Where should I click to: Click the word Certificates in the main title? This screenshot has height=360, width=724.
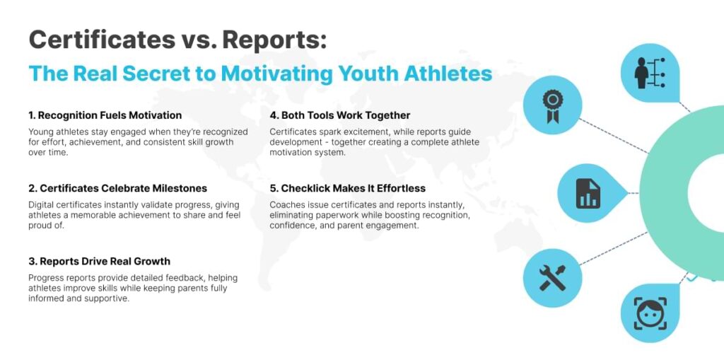coord(102,40)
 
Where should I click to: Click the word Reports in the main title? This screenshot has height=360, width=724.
coord(274,40)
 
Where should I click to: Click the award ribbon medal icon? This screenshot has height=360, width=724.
coord(552,105)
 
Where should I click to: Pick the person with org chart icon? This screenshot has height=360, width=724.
coord(649,74)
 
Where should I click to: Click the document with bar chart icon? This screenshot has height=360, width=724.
coord(588,193)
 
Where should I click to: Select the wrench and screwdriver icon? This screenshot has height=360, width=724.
coord(552,278)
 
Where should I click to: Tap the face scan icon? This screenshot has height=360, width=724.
coord(650,313)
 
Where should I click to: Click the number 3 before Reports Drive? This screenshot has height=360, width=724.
coord(32,262)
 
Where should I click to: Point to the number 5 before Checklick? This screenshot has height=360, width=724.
coord(274,189)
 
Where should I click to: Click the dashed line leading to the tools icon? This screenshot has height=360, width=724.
coord(614,248)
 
